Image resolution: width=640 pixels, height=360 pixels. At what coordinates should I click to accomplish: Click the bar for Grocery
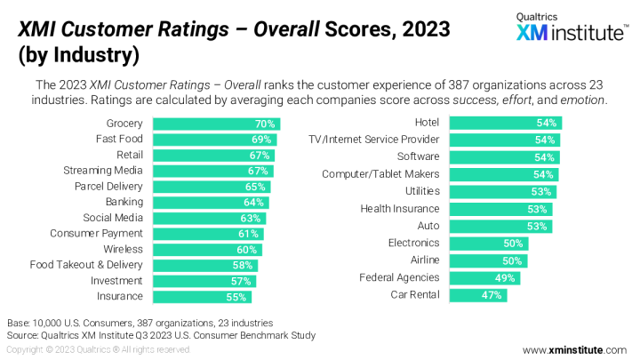pyautogui.click(x=216, y=124)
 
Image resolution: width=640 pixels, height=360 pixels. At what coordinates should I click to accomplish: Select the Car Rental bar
pyautogui.click(x=478, y=295)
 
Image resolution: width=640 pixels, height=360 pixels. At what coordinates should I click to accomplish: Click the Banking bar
pyautogui.click(x=210, y=203)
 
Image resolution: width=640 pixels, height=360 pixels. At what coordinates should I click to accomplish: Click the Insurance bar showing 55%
pyautogui.click(x=202, y=296)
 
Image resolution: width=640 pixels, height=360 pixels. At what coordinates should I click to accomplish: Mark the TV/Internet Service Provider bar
pyautogui.click(x=504, y=140)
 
